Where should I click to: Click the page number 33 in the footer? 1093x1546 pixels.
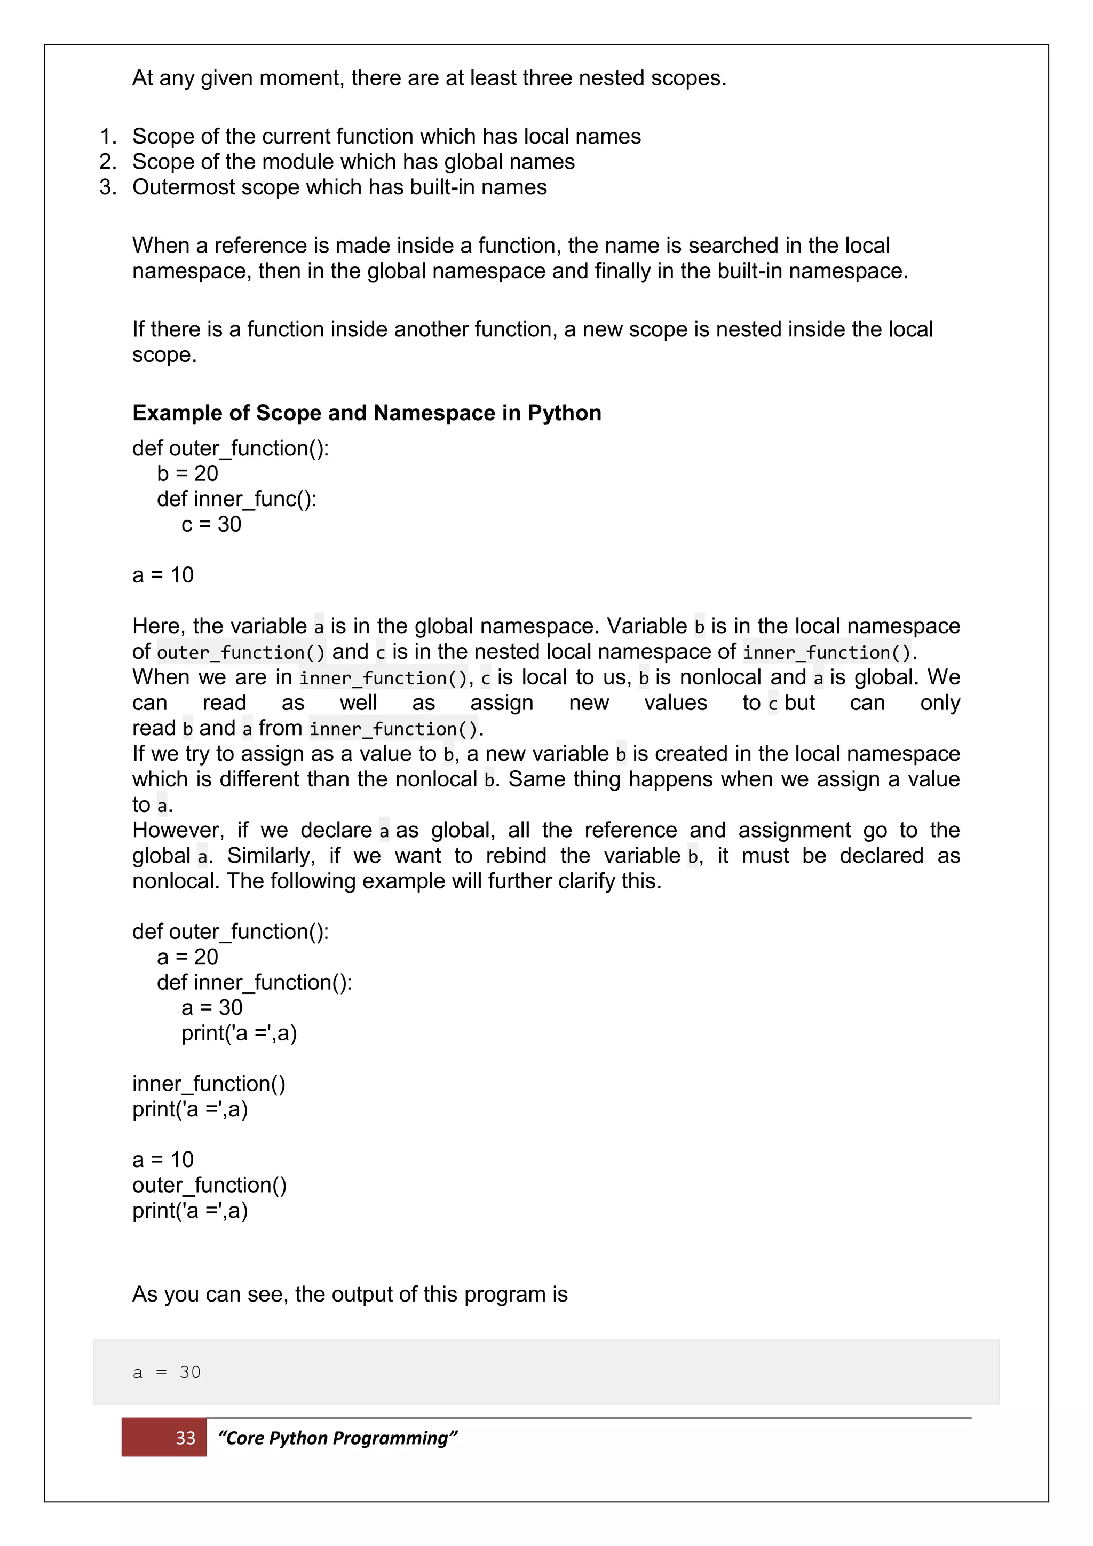pyautogui.click(x=185, y=1438)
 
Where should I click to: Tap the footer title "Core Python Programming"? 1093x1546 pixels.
pyautogui.click(x=337, y=1438)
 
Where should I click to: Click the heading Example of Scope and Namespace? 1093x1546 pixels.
pyautogui.click(x=366, y=413)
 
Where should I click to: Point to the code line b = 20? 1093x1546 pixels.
pyautogui.click(x=187, y=474)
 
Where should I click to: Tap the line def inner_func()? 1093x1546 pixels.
pyautogui.click(x=236, y=499)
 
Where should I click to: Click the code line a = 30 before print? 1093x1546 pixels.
pyautogui.click(x=211, y=1007)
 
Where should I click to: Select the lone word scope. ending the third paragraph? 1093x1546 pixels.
pyautogui.click(x=164, y=355)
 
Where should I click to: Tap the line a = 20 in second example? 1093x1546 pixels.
pyautogui.click(x=187, y=957)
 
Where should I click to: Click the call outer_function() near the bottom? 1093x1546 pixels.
pyautogui.click(x=209, y=1185)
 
